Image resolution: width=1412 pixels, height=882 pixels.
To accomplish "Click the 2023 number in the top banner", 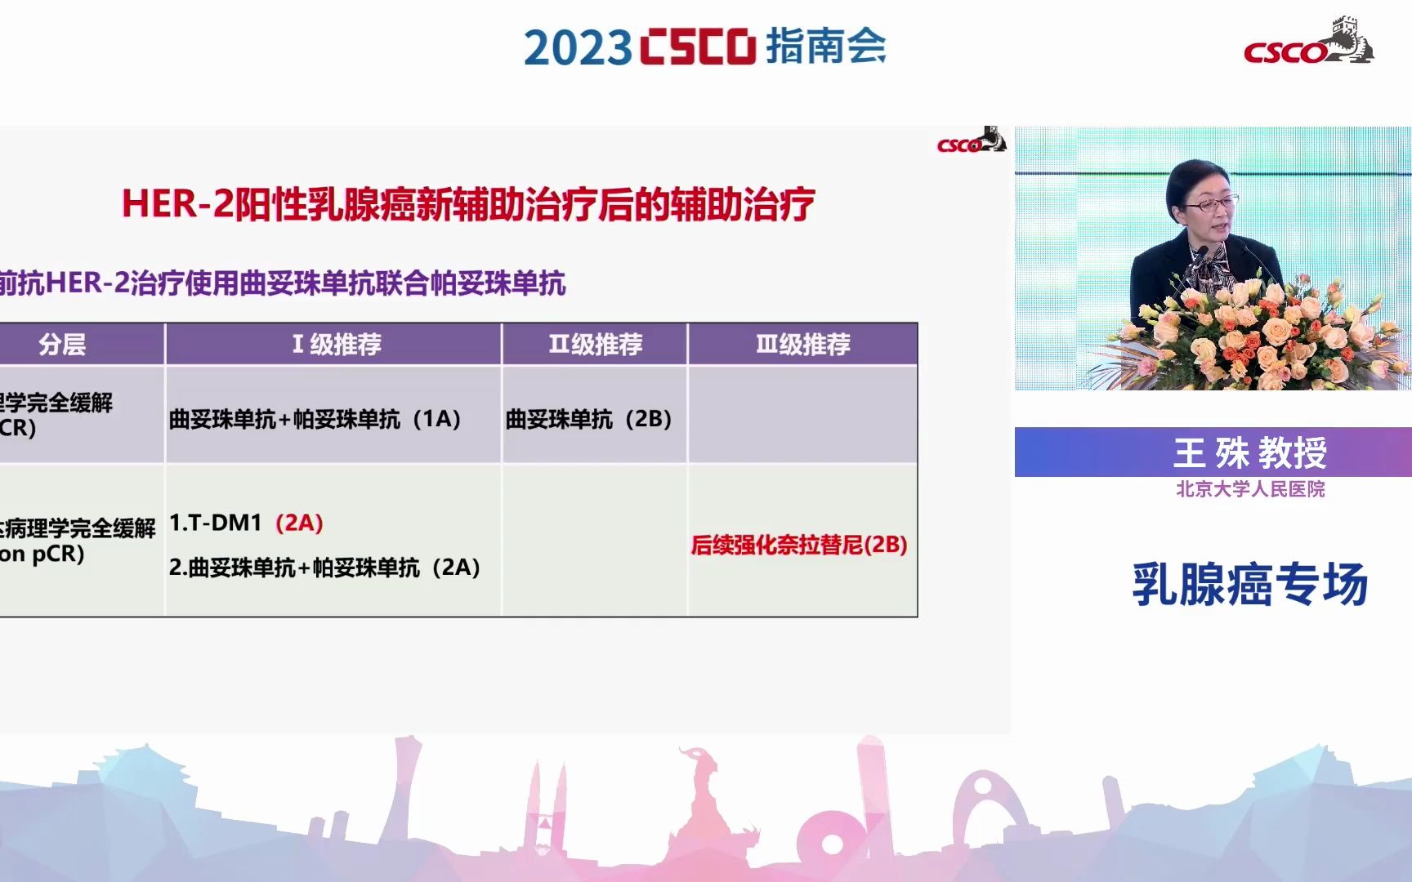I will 577,47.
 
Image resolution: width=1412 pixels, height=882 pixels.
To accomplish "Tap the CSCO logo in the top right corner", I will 1307,42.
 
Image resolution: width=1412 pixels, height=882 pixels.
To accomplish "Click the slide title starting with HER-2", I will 468,203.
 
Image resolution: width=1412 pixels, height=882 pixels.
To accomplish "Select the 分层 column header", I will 62,345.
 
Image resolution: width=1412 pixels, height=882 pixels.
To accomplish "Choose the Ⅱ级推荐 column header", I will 595,345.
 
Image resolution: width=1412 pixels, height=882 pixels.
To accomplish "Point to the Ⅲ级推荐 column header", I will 802,345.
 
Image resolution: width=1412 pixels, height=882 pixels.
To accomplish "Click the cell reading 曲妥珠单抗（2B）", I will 588,419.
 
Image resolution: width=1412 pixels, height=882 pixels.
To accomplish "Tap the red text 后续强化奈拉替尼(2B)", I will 798,545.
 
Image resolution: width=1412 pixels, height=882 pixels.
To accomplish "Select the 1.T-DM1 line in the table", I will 216,523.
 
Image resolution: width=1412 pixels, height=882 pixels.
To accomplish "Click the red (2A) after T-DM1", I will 299,523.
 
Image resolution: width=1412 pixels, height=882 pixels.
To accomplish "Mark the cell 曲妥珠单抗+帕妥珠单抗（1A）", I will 315,419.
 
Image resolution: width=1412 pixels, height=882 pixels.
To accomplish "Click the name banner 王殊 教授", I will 1249,452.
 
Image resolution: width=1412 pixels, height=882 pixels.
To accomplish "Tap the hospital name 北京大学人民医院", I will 1250,489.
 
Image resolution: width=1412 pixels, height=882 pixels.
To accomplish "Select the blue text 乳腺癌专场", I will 1249,585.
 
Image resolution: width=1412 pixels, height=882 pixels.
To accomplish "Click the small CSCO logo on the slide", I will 971,142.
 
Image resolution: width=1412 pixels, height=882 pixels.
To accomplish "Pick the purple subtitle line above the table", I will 283,283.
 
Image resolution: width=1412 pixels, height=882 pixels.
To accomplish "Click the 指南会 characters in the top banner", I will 825,46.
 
